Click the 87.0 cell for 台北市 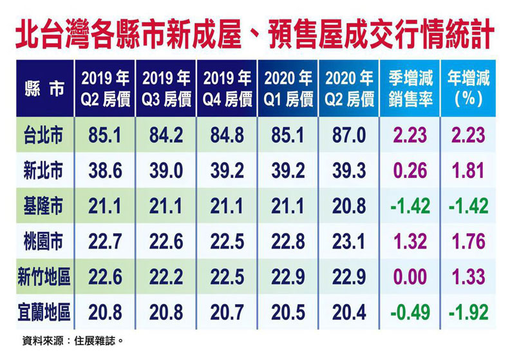350,135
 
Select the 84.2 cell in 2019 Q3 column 167,135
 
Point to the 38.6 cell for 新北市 106,171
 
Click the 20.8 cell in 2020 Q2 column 350,206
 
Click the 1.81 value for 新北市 469,171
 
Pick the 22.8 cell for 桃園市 288,242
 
